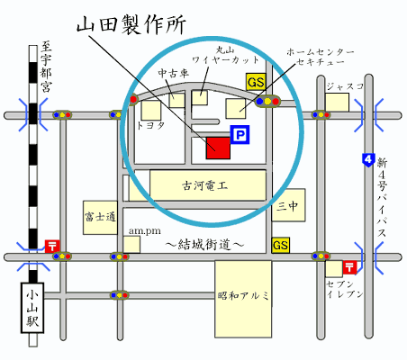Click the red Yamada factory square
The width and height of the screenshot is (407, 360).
(x=218, y=148)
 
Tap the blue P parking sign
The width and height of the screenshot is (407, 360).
(x=240, y=135)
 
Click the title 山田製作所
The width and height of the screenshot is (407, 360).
(x=131, y=24)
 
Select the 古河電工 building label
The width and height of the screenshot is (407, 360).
(x=205, y=185)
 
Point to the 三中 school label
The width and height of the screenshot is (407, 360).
(x=287, y=206)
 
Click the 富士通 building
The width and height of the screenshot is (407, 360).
(x=100, y=218)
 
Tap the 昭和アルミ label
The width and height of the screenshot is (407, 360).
(x=243, y=296)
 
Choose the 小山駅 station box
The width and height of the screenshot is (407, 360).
(x=32, y=308)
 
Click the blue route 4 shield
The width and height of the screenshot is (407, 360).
(x=368, y=159)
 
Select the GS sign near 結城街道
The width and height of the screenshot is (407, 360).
(x=280, y=245)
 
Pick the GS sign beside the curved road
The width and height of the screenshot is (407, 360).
(x=256, y=82)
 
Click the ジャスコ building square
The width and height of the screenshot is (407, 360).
(x=337, y=103)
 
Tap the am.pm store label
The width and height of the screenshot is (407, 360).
(x=145, y=231)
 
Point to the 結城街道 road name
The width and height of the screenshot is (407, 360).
(x=204, y=245)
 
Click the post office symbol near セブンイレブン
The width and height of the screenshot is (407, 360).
(x=349, y=267)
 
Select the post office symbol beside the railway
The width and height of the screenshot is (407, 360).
(x=52, y=247)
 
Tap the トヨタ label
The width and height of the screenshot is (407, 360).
(x=150, y=125)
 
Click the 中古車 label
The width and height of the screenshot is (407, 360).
(x=174, y=73)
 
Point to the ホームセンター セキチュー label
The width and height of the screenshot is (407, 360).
(x=321, y=57)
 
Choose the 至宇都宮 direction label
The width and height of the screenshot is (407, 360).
(x=46, y=67)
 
